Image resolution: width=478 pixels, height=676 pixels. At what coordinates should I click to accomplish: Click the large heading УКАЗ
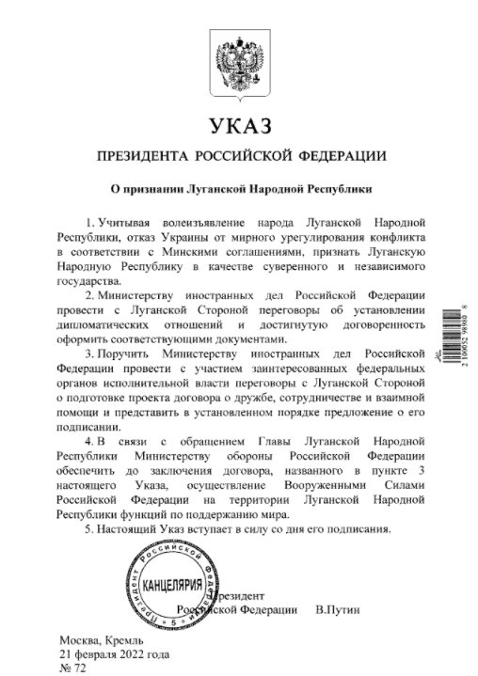click(238, 124)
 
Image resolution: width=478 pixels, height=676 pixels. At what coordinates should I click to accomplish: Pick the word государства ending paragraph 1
click(88, 281)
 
